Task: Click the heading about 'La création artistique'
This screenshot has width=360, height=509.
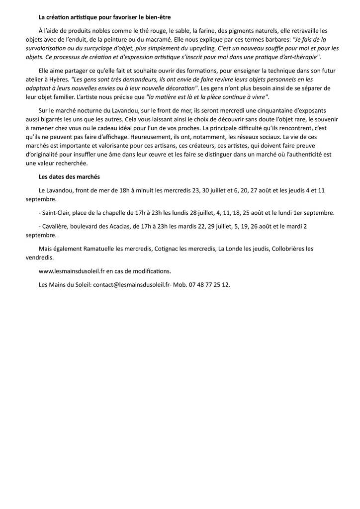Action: coord(104,17)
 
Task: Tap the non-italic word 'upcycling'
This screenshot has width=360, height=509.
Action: coord(202,48)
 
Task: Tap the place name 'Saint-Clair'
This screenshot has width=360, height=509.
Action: coord(56,212)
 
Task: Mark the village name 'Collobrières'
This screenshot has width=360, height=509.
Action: coord(288,249)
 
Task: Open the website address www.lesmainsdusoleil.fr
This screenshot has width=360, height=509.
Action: coord(72,271)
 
